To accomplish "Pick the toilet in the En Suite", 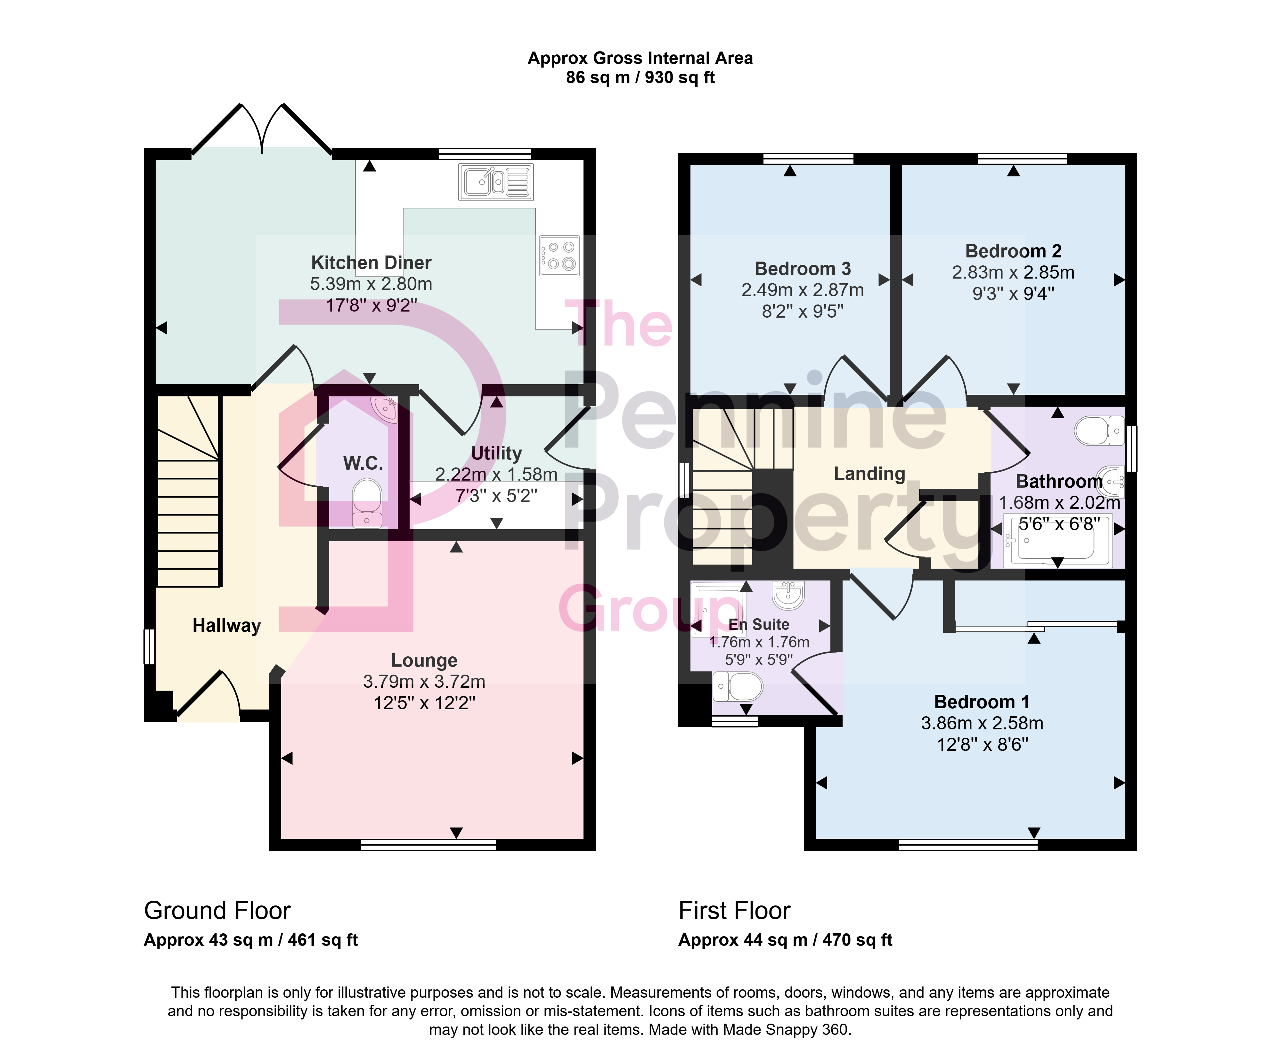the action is point(738,687).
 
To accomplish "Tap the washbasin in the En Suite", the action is point(788,595).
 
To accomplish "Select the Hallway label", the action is point(227,626).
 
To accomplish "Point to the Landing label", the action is point(869,474).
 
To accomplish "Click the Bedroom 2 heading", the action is point(1013,251).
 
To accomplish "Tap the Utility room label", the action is point(496,453).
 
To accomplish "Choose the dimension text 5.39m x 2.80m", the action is point(371,284).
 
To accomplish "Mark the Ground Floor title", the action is point(217,911).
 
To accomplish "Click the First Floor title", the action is point(734,911).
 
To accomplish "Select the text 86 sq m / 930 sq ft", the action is point(640,77).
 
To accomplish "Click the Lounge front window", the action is point(429,845).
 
